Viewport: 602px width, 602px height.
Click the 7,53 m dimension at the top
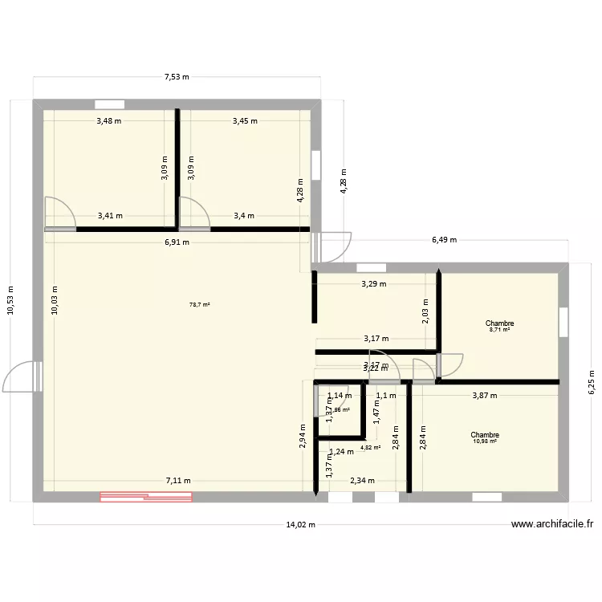[177, 77]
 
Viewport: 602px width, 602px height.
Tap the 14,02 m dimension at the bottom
[301, 525]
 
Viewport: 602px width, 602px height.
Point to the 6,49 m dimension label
[443, 239]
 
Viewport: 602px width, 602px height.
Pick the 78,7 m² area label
[199, 305]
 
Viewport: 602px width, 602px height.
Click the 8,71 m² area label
[499, 329]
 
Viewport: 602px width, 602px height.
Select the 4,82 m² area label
[371, 448]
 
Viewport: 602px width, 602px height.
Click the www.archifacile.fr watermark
[551, 525]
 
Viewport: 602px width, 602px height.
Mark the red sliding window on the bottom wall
[145, 497]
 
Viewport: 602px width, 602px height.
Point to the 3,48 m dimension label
[109, 121]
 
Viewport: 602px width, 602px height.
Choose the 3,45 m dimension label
[245, 121]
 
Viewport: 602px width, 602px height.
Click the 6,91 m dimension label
[177, 242]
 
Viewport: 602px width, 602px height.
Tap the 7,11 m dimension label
[178, 481]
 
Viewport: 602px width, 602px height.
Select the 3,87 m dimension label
[484, 395]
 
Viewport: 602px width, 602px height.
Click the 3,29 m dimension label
[373, 283]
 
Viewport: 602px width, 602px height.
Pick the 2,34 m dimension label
[362, 481]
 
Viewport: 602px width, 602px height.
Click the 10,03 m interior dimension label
[54, 301]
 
